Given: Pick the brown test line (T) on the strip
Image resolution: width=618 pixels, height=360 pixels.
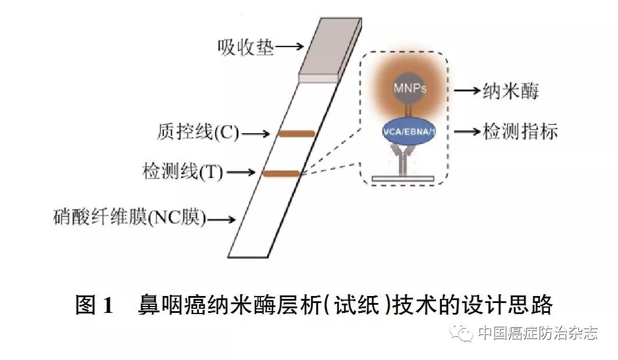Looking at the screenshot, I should click(281, 173).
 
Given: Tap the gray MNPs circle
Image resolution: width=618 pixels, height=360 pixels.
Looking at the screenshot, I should click(410, 89).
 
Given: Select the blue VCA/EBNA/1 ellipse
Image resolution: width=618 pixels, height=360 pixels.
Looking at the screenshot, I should click(409, 131).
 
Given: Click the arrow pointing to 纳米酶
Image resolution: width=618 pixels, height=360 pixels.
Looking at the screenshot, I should click(466, 91).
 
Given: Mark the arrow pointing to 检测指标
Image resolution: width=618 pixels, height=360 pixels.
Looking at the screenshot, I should click(466, 132).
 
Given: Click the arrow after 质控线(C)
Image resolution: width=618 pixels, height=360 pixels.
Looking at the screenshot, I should click(256, 134).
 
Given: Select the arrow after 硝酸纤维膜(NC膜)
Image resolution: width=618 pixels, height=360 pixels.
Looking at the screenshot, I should click(222, 220).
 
